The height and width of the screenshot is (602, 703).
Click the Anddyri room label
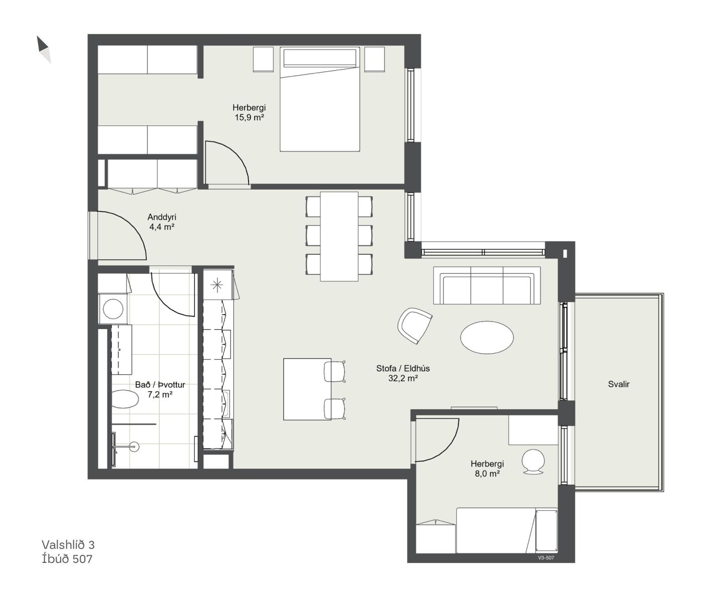[x=162, y=217]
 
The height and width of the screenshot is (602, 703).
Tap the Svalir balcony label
[x=619, y=384]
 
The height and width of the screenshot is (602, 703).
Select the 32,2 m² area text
[x=403, y=378]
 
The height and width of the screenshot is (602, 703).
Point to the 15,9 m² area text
[x=249, y=117]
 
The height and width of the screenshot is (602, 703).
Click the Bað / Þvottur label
[x=160, y=385]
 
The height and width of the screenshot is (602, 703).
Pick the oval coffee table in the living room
[x=487, y=337]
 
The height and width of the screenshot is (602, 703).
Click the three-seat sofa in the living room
[x=487, y=285]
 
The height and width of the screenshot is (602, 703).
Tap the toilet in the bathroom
[x=125, y=399]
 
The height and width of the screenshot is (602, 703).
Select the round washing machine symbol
[x=113, y=309]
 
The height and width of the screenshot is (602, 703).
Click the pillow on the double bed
[x=320, y=58]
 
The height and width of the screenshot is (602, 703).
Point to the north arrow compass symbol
[x=44, y=49]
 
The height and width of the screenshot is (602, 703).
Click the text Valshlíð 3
[x=68, y=545]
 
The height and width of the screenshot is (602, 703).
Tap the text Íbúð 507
[x=67, y=559]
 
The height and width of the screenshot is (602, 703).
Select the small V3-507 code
[x=546, y=558]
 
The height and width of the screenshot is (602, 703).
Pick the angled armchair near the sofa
[x=415, y=326]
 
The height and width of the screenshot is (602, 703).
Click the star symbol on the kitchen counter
[x=216, y=284]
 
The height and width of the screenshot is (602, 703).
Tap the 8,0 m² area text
[x=488, y=473]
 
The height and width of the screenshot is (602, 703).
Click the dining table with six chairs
[x=339, y=236]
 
